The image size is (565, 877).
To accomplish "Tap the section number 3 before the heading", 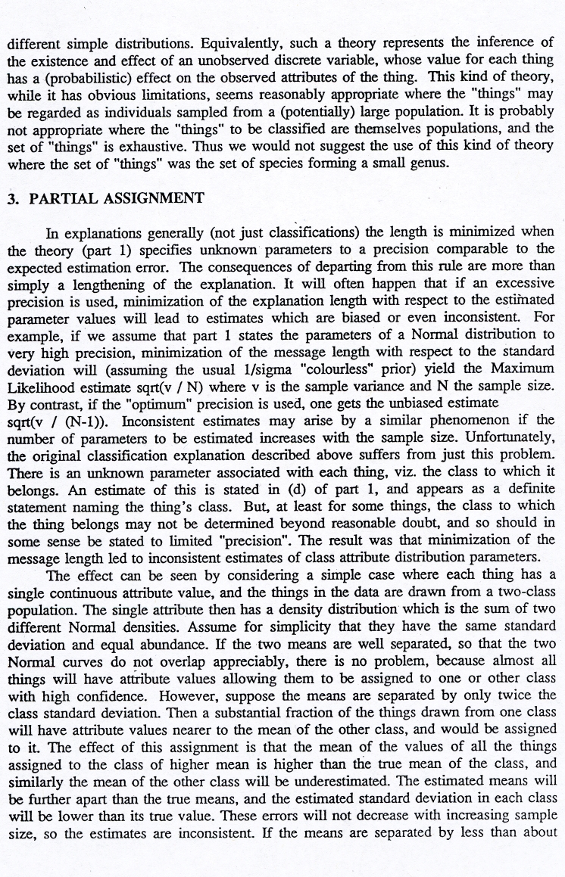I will tap(11, 200).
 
